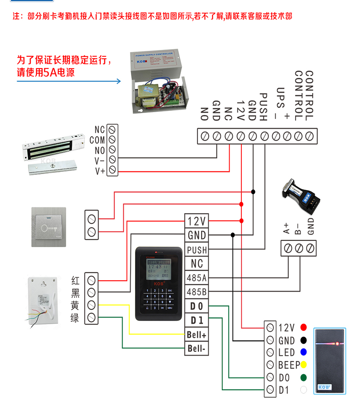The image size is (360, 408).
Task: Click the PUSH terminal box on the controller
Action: (197, 250)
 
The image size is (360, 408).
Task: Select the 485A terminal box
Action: (197, 278)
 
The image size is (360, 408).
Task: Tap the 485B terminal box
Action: (197, 292)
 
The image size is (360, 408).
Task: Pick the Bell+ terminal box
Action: (197, 335)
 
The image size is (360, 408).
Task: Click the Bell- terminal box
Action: (197, 349)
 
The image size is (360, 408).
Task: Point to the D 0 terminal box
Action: (197, 306)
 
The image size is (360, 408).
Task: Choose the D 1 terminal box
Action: (197, 320)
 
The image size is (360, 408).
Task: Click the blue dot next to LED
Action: (303, 352)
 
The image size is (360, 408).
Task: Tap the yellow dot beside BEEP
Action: (303, 364)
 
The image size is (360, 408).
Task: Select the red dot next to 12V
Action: (303, 327)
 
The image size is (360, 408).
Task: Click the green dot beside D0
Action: (303, 377)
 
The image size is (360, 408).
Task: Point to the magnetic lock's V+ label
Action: (100, 171)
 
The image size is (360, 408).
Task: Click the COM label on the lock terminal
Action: (97, 140)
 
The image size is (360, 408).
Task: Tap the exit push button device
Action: (49, 227)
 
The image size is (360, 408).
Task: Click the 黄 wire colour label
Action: (75, 305)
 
